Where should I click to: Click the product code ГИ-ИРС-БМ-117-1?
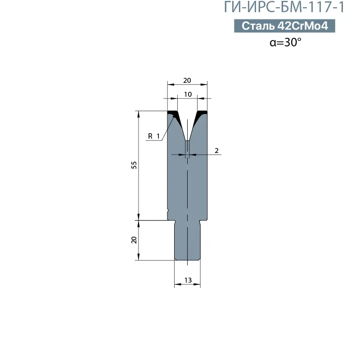point(284,7)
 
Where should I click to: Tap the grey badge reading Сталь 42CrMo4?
point(284,26)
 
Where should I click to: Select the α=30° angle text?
point(285,42)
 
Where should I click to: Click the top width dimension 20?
point(187,81)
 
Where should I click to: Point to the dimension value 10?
point(188,94)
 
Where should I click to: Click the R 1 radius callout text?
point(154,136)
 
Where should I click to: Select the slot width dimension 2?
point(216,151)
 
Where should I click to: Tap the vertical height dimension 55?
point(134,165)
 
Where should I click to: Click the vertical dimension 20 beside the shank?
point(134,240)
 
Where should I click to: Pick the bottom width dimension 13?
point(188,280)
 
